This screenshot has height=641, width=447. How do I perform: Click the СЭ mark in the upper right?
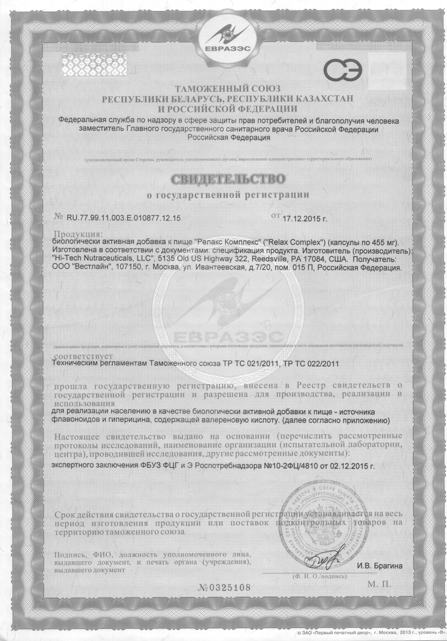pyautogui.click(x=342, y=71)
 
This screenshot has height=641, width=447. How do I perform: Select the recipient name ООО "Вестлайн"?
pyautogui.click(x=78, y=267)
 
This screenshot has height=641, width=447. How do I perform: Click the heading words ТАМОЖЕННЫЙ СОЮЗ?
pyautogui.click(x=227, y=89)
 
